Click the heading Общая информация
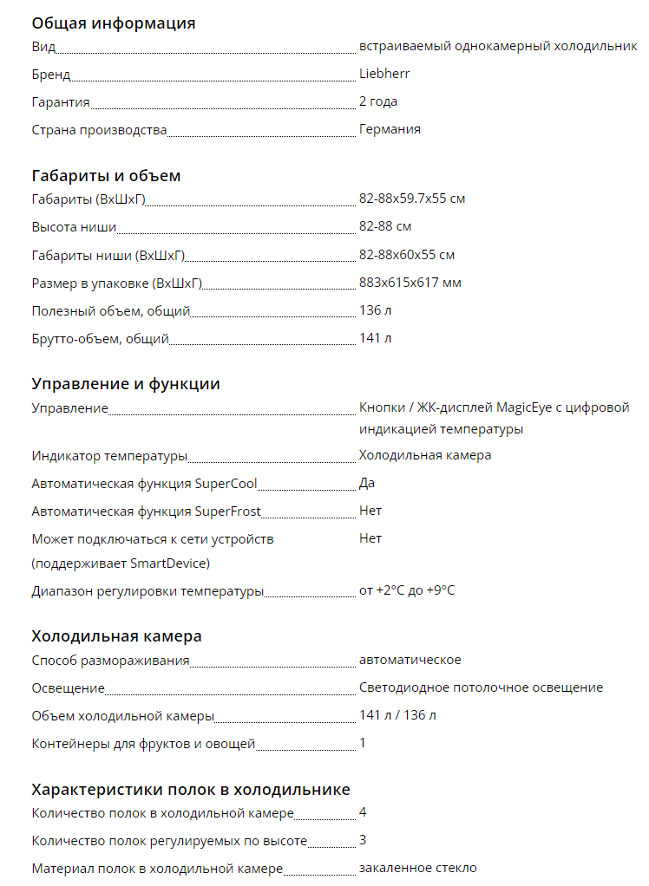pyautogui.click(x=114, y=23)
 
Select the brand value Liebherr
pyautogui.click(x=384, y=74)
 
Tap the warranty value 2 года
pyautogui.click(x=378, y=101)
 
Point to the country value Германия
pyautogui.click(x=390, y=129)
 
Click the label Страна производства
pyautogui.click(x=99, y=129)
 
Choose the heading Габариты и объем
pyautogui.click(x=106, y=176)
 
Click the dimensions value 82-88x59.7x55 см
pyautogui.click(x=412, y=199)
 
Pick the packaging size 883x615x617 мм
pyautogui.click(x=410, y=282)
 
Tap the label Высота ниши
pyautogui.click(x=74, y=226)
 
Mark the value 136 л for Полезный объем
pyautogui.click(x=375, y=309)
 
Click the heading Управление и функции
pyautogui.click(x=126, y=384)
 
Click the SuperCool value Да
pyautogui.click(x=367, y=483)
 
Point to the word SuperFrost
pyautogui.click(x=228, y=511)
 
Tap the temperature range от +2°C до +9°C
pyautogui.click(x=407, y=590)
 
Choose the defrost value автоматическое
pyautogui.click(x=410, y=660)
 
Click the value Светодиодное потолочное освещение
pyautogui.click(x=481, y=687)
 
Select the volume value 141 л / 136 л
pyautogui.click(x=397, y=715)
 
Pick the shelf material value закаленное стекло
pyautogui.click(x=417, y=868)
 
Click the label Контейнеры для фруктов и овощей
pyautogui.click(x=143, y=743)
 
